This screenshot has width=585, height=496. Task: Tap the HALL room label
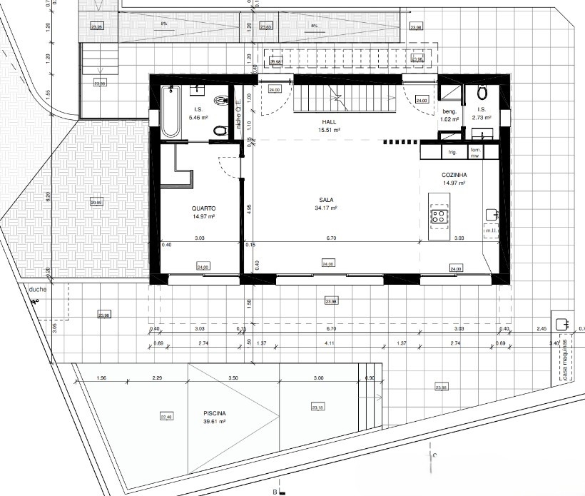click(329, 122)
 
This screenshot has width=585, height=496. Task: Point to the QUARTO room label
click(203, 208)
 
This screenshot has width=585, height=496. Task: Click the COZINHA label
click(454, 175)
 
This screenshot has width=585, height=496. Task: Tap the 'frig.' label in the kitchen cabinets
click(452, 152)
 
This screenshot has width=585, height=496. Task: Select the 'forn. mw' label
click(475, 152)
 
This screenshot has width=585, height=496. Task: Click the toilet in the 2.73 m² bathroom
click(482, 92)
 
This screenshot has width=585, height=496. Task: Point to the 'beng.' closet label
click(449, 112)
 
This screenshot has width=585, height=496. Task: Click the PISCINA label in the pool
click(214, 414)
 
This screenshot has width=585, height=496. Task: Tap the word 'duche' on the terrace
click(37, 290)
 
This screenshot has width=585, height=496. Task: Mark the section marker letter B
click(274, 492)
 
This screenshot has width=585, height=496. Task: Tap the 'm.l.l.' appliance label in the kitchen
click(490, 231)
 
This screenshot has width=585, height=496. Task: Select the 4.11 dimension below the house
click(329, 344)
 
